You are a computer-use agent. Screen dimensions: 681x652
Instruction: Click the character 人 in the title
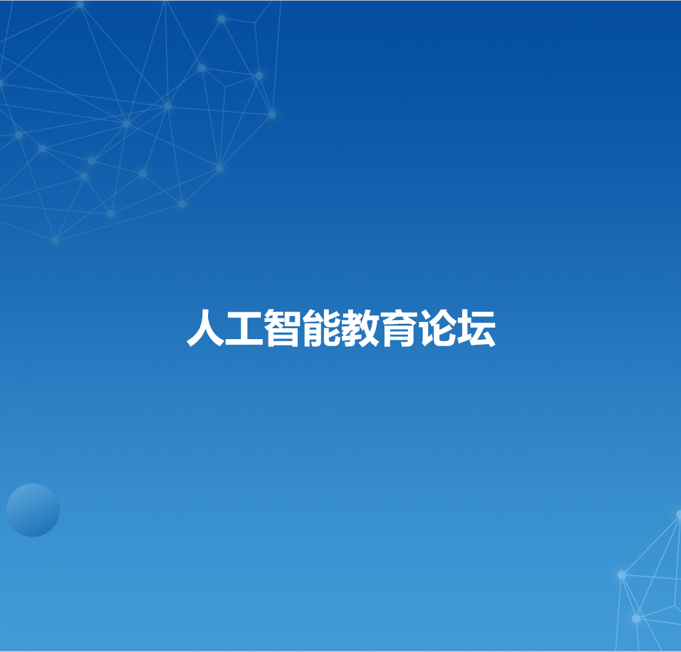206,328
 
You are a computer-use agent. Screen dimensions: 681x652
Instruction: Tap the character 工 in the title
244,328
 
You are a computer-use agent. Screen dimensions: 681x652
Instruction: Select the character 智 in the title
283,328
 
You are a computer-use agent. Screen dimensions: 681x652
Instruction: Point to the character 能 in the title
321,328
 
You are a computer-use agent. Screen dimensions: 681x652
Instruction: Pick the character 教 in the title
360,328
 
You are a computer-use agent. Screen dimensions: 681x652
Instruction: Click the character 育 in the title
398,328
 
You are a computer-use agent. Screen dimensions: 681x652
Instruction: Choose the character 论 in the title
437,328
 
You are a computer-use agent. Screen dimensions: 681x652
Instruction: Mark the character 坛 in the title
477,328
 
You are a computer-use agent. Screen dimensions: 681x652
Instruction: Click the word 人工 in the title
225,328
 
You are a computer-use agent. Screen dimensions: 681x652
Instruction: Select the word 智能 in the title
302,328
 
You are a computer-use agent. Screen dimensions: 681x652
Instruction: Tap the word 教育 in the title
379,328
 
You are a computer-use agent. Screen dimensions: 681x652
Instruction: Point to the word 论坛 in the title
458,328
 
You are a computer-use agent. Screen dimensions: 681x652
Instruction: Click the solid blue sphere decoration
33,510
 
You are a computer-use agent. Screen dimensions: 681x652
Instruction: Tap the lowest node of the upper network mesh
55,240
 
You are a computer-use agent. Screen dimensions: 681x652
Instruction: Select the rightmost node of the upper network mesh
272,114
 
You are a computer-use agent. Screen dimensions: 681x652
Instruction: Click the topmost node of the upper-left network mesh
80,4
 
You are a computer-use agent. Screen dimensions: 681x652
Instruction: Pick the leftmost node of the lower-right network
622,575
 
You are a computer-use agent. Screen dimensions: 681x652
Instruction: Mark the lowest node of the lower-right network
636,618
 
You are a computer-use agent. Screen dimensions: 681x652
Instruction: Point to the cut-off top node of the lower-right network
679,515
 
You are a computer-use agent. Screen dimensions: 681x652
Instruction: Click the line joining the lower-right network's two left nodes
629,597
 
